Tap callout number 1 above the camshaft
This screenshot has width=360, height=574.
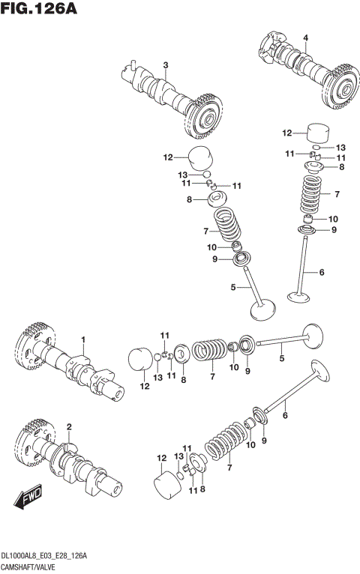[84, 339]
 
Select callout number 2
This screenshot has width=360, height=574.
[68, 427]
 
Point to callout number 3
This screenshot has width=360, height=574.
[166, 64]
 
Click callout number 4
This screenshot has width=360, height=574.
[305, 37]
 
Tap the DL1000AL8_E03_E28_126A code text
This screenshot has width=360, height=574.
[45, 555]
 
